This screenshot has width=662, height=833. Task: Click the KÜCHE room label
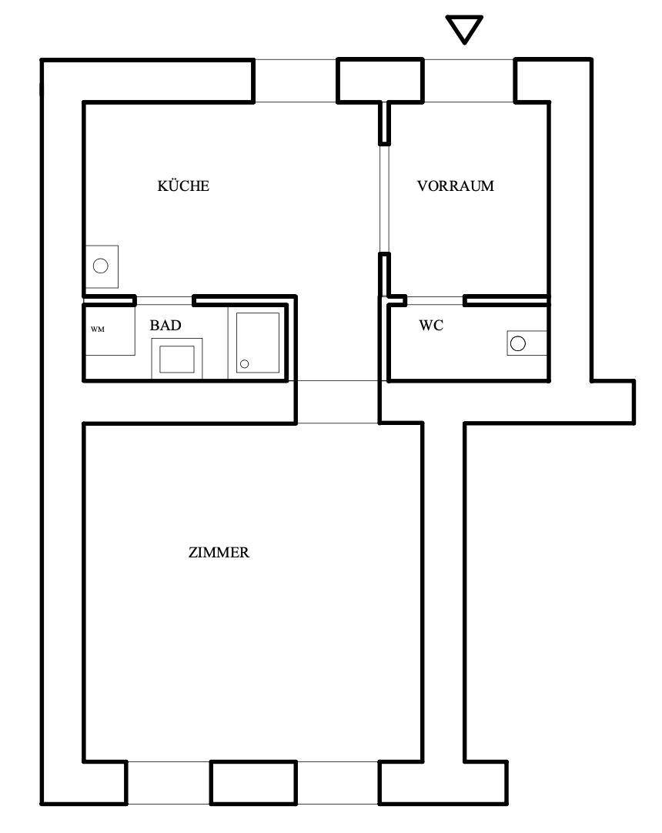pyautogui.click(x=183, y=186)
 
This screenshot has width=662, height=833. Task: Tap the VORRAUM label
pyautogui.click(x=456, y=186)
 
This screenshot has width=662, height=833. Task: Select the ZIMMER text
pyautogui.click(x=219, y=553)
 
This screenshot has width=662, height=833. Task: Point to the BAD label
pyautogui.click(x=165, y=325)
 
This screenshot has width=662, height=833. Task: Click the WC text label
pyautogui.click(x=431, y=325)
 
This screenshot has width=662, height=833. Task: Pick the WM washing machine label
pyautogui.click(x=98, y=330)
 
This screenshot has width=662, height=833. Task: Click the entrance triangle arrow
pyautogui.click(x=464, y=29)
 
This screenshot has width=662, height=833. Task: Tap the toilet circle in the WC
pyautogui.click(x=517, y=343)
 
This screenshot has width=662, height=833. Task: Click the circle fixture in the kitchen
pyautogui.click(x=100, y=266)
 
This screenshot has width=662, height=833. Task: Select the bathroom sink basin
pyautogui.click(x=177, y=359)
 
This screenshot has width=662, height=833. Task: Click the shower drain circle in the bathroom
pyautogui.click(x=244, y=364)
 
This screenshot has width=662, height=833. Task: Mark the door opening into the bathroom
pyautogui.click(x=164, y=301)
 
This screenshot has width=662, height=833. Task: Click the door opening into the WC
pyautogui.click(x=435, y=301)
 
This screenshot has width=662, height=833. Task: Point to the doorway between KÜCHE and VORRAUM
pyautogui.click(x=384, y=199)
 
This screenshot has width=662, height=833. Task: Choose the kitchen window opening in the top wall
pyautogui.click(x=296, y=80)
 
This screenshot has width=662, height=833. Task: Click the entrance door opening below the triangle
pyautogui.click(x=469, y=80)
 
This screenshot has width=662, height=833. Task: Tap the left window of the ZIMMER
pyautogui.click(x=169, y=782)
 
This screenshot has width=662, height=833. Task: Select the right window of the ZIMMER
pyautogui.click(x=337, y=782)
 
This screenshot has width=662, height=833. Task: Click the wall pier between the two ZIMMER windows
pyautogui.click(x=253, y=782)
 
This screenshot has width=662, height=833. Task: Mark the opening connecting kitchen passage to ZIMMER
pyautogui.click(x=337, y=402)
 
